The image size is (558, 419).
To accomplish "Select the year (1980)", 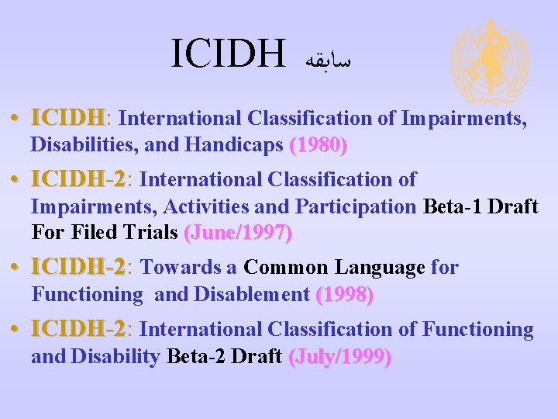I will pos(318,144).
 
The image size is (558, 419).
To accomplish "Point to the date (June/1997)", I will pos(237,232).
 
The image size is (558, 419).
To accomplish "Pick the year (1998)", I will pos(345,295).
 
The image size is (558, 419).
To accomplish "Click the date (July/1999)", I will pos(339,357).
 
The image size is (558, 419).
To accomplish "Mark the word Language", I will pos(380,268).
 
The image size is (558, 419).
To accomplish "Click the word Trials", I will pos(151,232).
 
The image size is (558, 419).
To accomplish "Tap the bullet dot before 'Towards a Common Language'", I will pos(17,268).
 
